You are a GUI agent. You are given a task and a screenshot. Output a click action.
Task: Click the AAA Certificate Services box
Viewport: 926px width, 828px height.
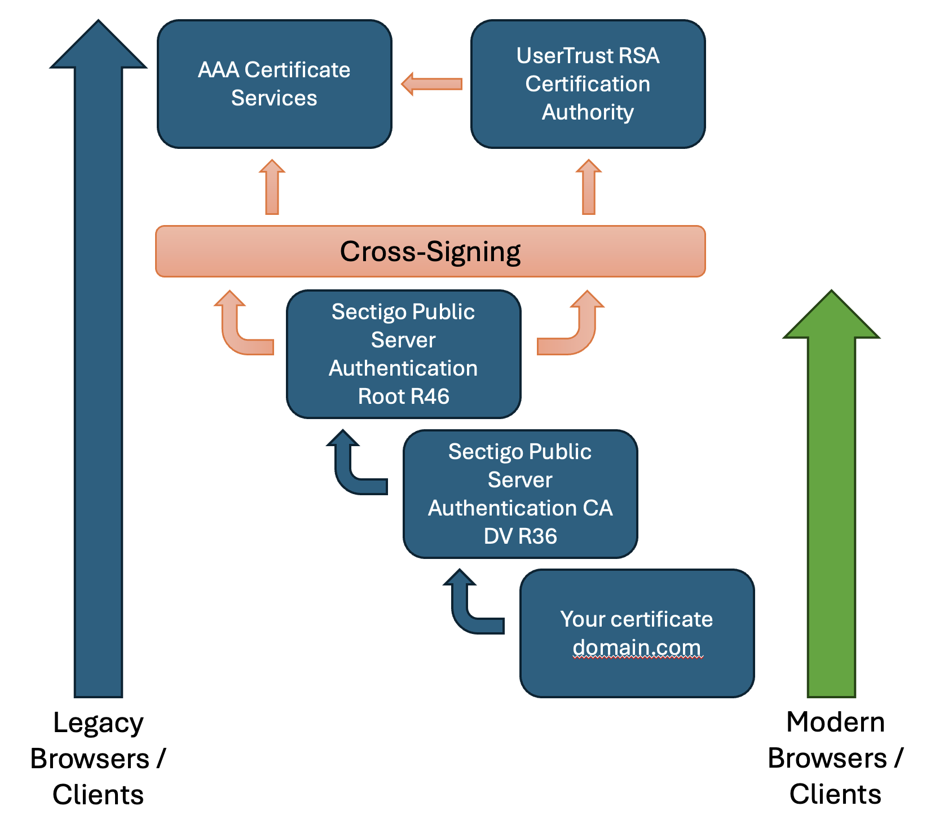point(274,84)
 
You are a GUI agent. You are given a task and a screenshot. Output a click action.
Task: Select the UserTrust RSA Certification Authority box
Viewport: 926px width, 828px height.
point(588,84)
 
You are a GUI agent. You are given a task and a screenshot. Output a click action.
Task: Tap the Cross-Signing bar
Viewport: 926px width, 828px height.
point(430,252)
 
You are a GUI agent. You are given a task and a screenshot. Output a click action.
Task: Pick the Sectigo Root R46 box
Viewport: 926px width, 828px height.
point(403,354)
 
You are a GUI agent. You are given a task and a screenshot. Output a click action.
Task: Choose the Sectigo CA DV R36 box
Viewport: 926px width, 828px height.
point(520,494)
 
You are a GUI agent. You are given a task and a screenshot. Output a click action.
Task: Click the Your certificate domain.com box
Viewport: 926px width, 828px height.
point(637,633)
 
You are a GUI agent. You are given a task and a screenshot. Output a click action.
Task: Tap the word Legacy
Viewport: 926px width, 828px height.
point(98,723)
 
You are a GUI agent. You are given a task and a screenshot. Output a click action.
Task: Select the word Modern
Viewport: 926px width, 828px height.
point(835,722)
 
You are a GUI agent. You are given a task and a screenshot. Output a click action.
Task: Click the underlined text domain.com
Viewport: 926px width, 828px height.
point(637,648)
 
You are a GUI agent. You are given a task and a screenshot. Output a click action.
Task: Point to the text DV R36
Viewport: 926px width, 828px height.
point(520,536)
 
